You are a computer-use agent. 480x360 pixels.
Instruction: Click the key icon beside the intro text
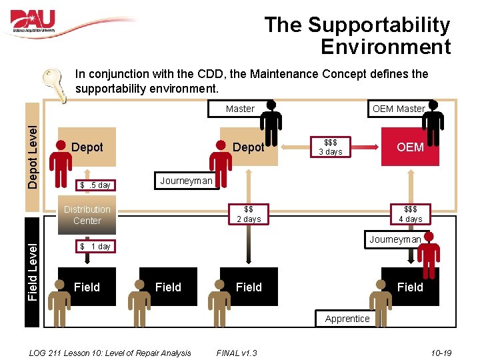point(55,85)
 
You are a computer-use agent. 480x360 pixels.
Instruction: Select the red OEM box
point(410,147)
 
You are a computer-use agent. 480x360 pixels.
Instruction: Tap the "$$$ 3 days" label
point(330,147)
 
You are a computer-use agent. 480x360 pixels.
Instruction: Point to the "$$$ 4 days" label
point(410,214)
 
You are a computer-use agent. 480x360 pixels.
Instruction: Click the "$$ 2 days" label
point(249,214)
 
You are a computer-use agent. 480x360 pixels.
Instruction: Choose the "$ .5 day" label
point(95,185)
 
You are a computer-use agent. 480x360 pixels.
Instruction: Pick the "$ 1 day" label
point(95,247)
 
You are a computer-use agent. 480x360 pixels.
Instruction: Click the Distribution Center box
point(87,215)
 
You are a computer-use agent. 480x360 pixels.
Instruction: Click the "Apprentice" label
point(347,319)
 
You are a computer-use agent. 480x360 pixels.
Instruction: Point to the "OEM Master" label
point(398,109)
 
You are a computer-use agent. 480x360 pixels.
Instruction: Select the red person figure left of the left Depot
point(60,162)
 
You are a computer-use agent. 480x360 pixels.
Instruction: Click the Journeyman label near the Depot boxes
point(186,181)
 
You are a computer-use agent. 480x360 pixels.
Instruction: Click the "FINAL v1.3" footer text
point(237,353)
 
